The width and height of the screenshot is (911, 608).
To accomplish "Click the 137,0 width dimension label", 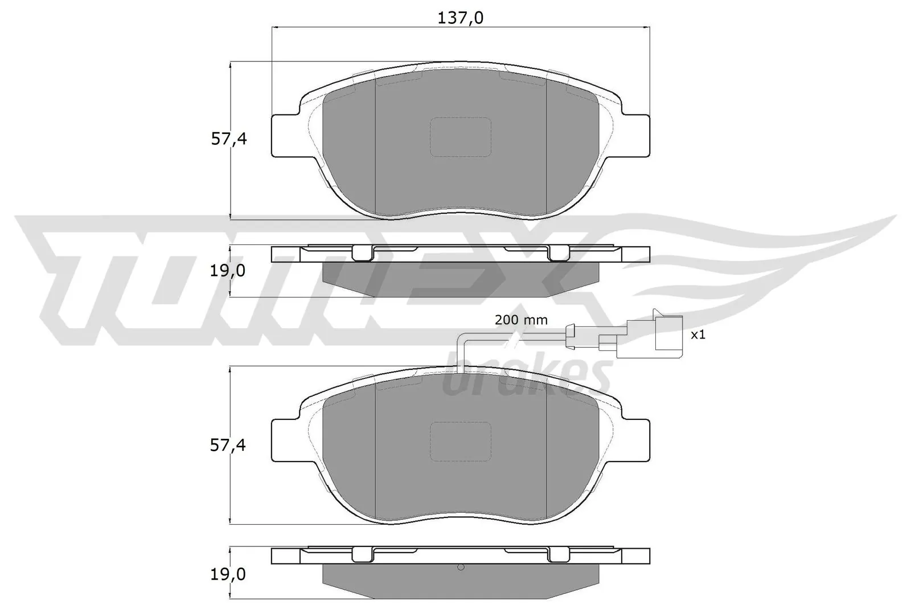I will (x=460, y=18).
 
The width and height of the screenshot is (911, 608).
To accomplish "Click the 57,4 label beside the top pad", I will (x=229, y=139).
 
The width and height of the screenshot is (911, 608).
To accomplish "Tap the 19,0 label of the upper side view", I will (x=228, y=271).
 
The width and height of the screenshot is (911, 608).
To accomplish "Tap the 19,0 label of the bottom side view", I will (x=228, y=575).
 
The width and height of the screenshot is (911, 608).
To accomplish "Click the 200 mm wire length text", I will (x=521, y=320).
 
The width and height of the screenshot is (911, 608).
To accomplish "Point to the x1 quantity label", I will (x=697, y=335).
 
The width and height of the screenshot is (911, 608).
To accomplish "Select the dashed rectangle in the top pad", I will (x=460, y=137).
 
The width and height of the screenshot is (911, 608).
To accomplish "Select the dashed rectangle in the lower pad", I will (x=460, y=442).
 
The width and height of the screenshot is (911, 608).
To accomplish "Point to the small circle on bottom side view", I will (x=461, y=568).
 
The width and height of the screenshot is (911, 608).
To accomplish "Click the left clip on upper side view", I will (x=361, y=252).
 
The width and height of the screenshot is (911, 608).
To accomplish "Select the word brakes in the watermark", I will (x=524, y=379).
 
